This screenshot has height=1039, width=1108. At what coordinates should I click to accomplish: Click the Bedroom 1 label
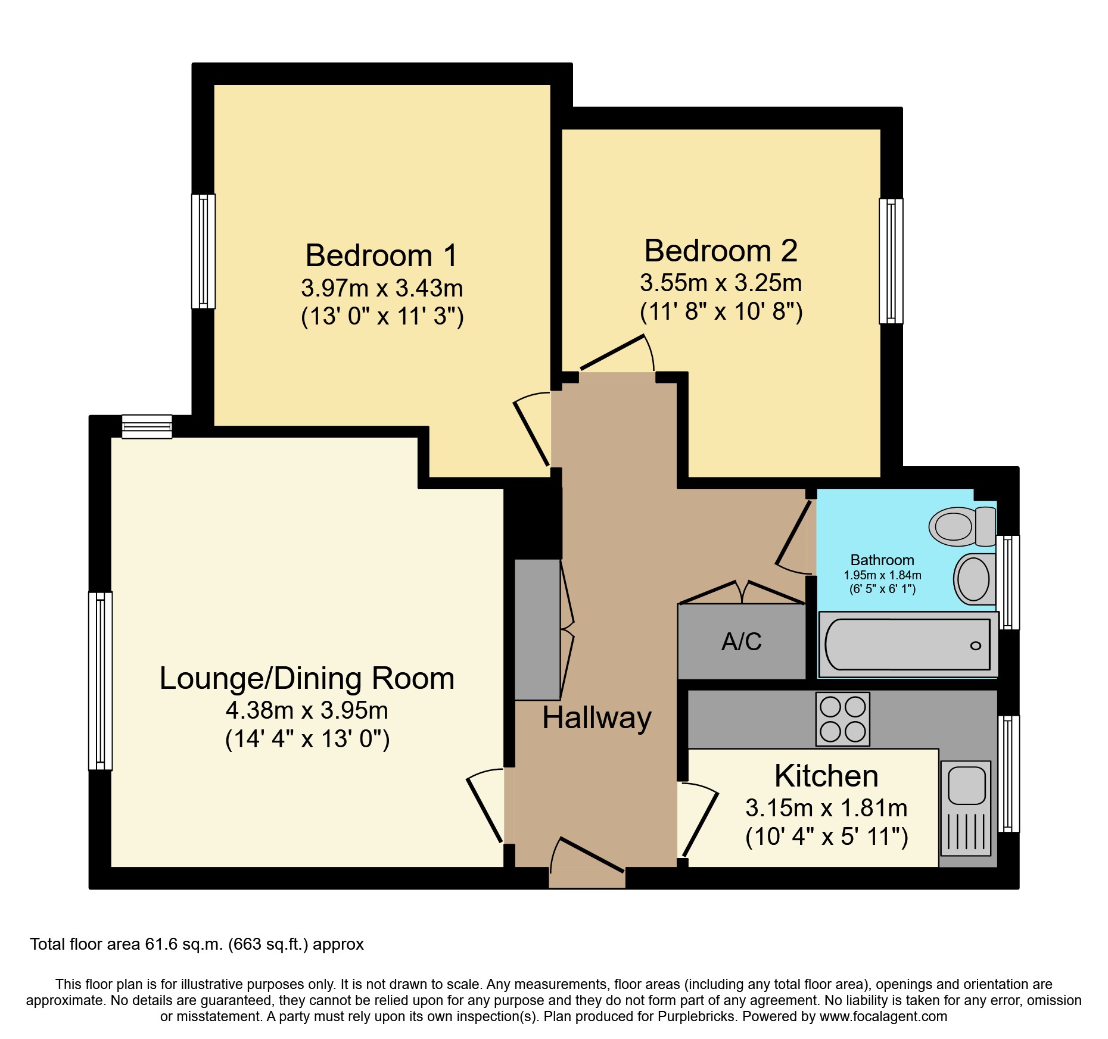point(382,255)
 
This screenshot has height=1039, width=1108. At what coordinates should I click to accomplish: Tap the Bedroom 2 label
point(721,251)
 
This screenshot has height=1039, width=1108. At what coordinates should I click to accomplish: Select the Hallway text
point(597,718)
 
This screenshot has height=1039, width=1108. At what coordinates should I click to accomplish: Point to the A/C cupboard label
point(742,641)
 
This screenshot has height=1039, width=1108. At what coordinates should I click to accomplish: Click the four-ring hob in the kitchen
point(843,719)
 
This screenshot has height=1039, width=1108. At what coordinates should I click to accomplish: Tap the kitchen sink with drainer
point(966,808)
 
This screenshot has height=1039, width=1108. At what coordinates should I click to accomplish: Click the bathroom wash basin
point(975,579)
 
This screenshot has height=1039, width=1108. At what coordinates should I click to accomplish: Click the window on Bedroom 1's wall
point(203,251)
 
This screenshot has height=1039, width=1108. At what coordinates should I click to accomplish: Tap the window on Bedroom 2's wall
point(891,261)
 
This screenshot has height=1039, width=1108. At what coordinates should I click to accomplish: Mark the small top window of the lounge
point(147,427)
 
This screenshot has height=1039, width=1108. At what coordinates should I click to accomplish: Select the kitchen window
point(1008,773)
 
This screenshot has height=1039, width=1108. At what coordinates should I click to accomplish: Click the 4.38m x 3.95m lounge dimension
point(307,710)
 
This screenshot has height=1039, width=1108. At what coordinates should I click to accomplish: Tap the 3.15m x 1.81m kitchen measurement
point(827,808)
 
